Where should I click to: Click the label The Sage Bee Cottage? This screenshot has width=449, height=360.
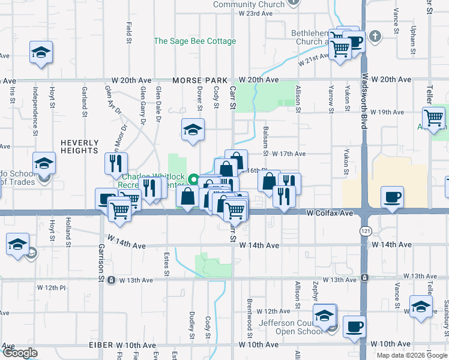(195, 41)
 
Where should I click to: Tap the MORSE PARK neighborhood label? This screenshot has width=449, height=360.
(200, 80)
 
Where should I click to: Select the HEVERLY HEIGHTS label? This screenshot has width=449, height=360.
(79, 146)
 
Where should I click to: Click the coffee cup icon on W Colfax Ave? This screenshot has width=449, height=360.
(392, 197)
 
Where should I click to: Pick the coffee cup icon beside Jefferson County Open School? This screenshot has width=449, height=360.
(354, 326)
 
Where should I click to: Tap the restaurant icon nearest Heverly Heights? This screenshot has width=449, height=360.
(116, 162)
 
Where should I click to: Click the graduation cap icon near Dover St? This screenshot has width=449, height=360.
(193, 129)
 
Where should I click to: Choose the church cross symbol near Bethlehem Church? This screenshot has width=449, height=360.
(375, 35)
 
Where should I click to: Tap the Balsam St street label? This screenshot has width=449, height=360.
(265, 139)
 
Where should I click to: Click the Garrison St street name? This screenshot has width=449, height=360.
(101, 262)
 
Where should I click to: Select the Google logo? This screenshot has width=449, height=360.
(20, 353)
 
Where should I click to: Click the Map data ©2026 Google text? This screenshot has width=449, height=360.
(412, 355)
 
